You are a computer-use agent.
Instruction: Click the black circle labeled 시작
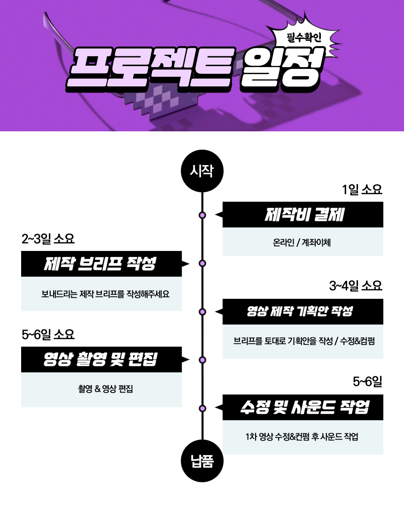point(202,171)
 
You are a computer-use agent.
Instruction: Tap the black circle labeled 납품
point(202,462)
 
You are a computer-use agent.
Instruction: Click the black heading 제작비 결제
point(304,215)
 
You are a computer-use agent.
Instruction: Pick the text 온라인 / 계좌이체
point(302,243)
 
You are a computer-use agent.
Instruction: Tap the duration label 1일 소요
point(362,190)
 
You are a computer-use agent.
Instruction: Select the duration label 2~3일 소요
point(48,239)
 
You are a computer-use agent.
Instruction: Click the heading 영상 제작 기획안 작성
point(300,311)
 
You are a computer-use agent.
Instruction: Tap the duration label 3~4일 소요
point(356,286)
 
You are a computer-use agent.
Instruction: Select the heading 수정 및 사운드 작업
point(304,407)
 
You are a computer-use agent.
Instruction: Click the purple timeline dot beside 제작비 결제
point(202,215)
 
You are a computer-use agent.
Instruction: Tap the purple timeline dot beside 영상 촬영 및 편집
point(202,360)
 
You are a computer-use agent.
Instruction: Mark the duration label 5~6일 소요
point(48,334)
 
